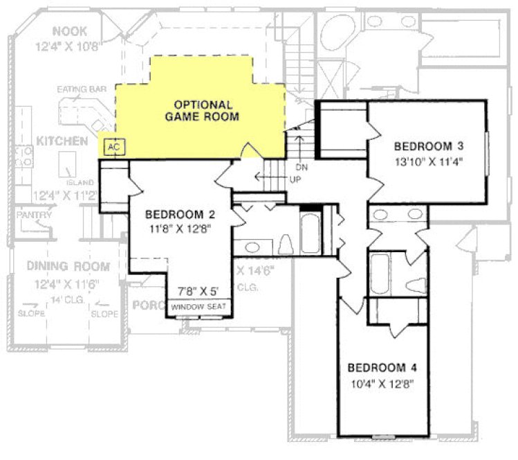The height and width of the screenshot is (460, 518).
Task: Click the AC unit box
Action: tap(115, 147)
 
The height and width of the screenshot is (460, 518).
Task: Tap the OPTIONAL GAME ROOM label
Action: tap(202, 111)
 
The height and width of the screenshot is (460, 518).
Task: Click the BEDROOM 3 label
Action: tap(428, 146)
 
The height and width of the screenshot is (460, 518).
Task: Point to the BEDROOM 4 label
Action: tap(382, 367)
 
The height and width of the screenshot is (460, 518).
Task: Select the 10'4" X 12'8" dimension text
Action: tap(382, 382)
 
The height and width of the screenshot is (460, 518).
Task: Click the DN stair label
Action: tap(301, 168)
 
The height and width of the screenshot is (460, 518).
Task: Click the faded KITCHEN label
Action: tap(62, 141)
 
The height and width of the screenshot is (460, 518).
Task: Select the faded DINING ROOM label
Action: tap(68, 266)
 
